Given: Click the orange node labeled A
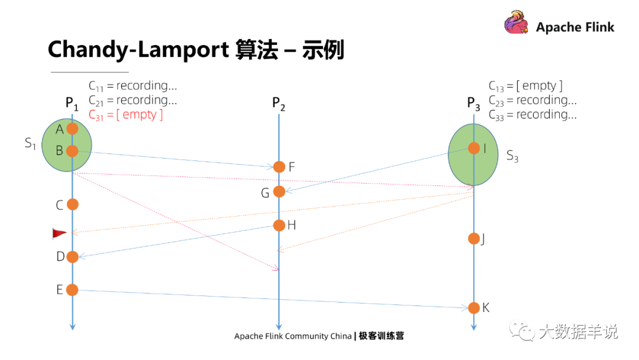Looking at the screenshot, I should tap(72, 128).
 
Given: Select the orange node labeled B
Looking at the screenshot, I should tap(72, 151).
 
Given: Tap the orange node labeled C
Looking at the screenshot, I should tap(72, 204).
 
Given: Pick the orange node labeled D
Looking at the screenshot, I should tap(72, 256).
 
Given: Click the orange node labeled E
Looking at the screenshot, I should tap(72, 290).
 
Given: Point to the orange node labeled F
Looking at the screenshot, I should tap(279, 167).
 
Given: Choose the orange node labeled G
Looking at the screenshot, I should tap(279, 191).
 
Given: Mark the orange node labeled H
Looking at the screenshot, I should tap(279, 225).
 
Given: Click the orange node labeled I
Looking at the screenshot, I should tap(474, 148).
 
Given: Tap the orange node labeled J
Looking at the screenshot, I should tap(474, 239).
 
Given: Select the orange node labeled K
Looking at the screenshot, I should tap(474, 308).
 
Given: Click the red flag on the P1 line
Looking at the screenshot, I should tap(59, 234).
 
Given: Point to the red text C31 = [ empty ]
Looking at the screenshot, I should tap(125, 115).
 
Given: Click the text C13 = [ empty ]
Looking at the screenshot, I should tap(525, 86).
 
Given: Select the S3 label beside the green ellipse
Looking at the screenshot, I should tap(512, 156).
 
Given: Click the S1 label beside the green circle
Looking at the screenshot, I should tap(30, 143).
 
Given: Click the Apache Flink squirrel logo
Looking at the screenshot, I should tap(517, 24).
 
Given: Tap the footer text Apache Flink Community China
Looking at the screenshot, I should tap(293, 336).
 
